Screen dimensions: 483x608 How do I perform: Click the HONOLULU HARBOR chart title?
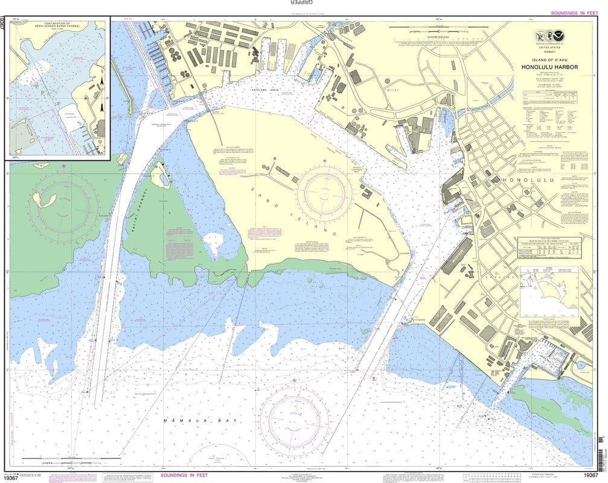548,66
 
